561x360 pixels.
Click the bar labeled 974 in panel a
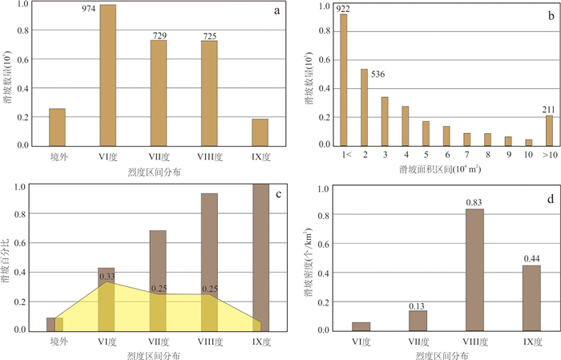pyautogui.click(x=107, y=75)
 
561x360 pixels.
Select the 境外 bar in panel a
pyautogui.click(x=57, y=127)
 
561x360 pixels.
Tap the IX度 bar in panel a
pyautogui.click(x=260, y=131)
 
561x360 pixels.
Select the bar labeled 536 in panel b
pyautogui.click(x=364, y=107)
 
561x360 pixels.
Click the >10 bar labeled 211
pyautogui.click(x=549, y=130)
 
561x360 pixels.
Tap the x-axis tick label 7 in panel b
pyautogui.click(x=466, y=156)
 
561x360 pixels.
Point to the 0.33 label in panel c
pyautogui.click(x=107, y=277)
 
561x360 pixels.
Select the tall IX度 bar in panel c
pyautogui.click(x=261, y=257)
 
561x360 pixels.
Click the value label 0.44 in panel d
pyautogui.click(x=531, y=258)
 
